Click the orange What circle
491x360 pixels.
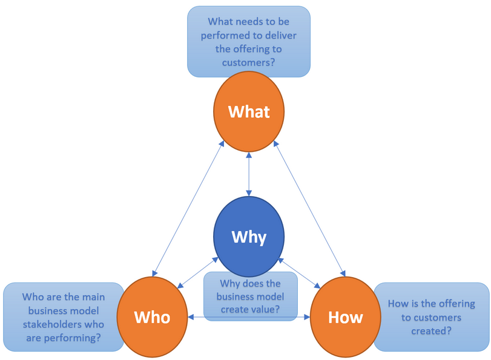coord(249,111)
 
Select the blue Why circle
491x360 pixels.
coord(249,236)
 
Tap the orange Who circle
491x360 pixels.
coord(152,317)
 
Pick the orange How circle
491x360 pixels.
coord(345,317)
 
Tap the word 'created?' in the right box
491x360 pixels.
coord(430,330)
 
